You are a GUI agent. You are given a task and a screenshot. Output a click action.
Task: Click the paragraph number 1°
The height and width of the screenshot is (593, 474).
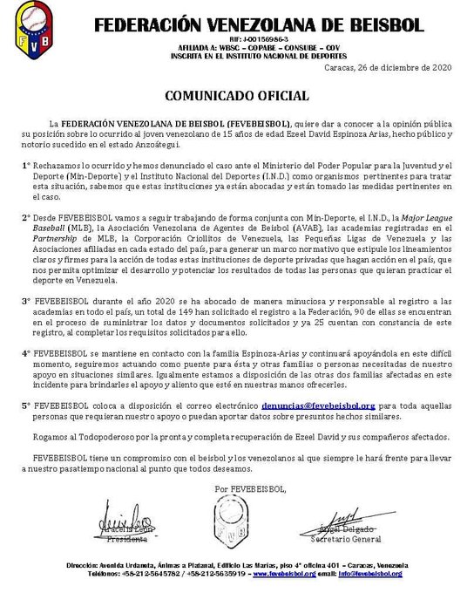tap(26, 165)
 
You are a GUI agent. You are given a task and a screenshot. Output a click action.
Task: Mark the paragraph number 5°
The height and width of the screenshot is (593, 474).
tap(26, 406)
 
